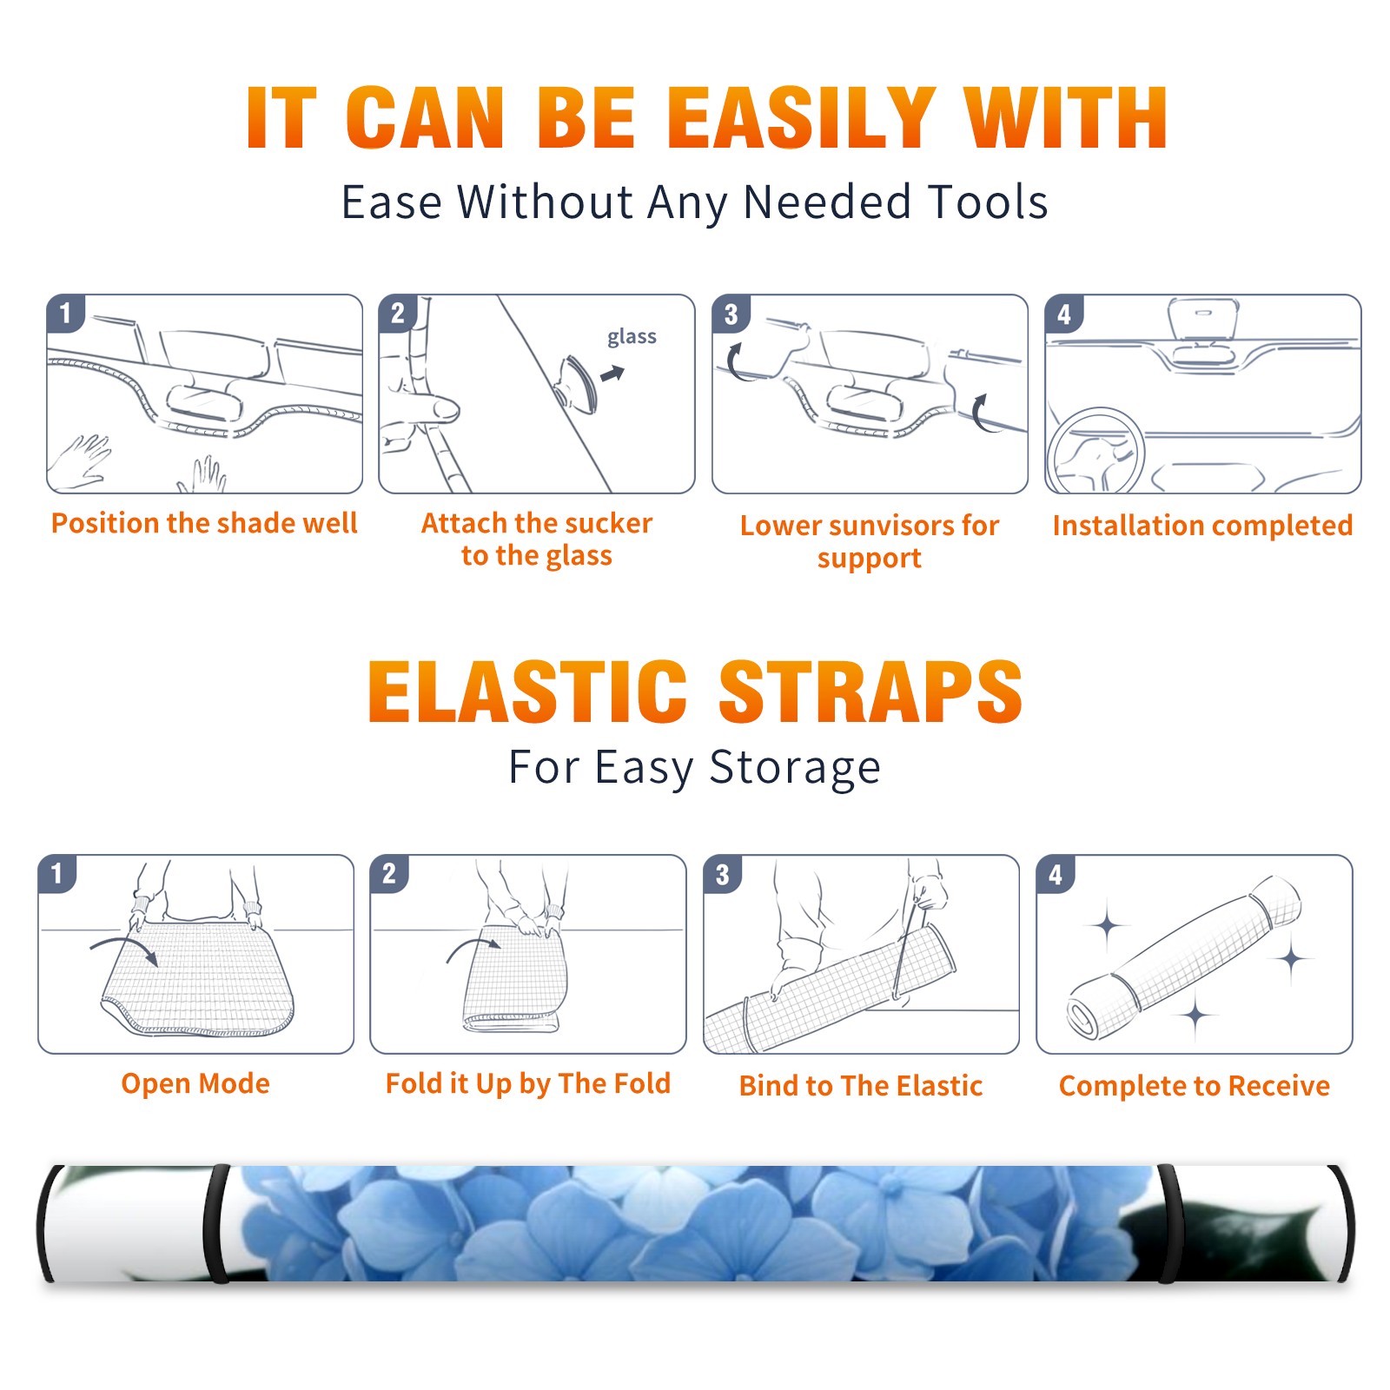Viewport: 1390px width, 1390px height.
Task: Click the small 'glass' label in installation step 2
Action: pyautogui.click(x=632, y=337)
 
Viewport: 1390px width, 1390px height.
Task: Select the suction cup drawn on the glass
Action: pyautogui.click(x=576, y=383)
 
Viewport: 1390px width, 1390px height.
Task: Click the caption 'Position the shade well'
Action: pyautogui.click(x=204, y=523)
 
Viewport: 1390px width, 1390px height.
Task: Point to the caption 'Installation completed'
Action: pyautogui.click(x=1202, y=525)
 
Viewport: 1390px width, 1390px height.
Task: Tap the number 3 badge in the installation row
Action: pyautogui.click(x=731, y=314)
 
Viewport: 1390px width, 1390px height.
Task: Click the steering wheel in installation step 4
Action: pyautogui.click(x=1096, y=451)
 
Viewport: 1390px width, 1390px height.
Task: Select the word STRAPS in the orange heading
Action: pyautogui.click(x=870, y=692)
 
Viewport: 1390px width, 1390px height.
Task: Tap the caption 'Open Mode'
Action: pyautogui.click(x=195, y=1083)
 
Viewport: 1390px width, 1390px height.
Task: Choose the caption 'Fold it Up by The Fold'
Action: pyautogui.click(x=528, y=1083)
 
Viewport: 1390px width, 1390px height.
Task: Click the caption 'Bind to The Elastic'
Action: pyautogui.click(x=861, y=1086)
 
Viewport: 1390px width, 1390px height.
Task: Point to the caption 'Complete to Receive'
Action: pyautogui.click(x=1195, y=1086)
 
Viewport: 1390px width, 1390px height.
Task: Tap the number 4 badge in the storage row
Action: pyautogui.click(x=1056, y=875)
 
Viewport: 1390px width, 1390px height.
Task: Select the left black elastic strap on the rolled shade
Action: pyautogui.click(x=215, y=1224)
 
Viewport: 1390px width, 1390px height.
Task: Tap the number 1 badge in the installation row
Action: pyautogui.click(x=65, y=313)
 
